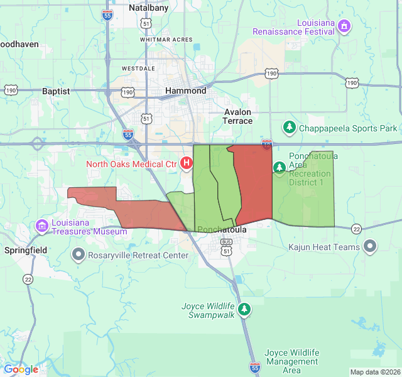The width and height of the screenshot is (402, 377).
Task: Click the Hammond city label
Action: [x=185, y=90]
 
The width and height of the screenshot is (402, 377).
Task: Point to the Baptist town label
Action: [x=56, y=91]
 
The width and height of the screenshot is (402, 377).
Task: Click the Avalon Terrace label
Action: [x=237, y=116]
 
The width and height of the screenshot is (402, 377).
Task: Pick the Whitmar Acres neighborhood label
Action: [x=166, y=40]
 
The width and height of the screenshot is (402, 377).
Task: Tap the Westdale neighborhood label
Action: [x=138, y=68]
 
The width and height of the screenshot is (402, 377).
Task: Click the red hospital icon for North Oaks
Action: [x=187, y=164]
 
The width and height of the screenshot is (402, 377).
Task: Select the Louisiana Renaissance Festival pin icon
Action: [x=344, y=26]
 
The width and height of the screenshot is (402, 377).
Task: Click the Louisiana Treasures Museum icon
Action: [x=42, y=226]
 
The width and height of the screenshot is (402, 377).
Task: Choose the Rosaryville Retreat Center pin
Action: [x=79, y=255]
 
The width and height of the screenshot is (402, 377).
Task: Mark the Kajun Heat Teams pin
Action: [x=370, y=247]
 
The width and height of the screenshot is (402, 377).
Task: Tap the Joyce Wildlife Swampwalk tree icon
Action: [x=244, y=309]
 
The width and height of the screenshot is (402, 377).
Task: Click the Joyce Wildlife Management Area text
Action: [x=291, y=361]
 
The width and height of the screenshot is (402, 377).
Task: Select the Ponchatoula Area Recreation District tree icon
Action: [x=280, y=167]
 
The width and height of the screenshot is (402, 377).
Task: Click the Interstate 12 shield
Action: [x=267, y=144]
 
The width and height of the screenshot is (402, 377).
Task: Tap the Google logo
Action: [x=21, y=369]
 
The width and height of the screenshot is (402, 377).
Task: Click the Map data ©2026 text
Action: [x=374, y=372]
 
